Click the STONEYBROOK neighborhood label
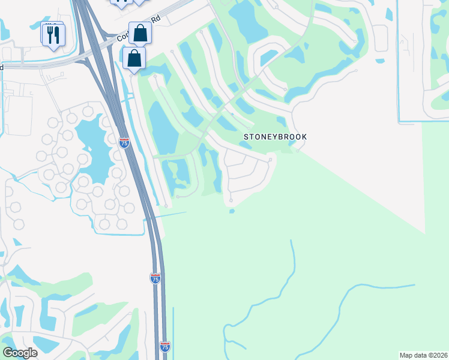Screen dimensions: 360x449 click(x=275, y=137)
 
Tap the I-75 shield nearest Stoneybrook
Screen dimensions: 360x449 click(x=124, y=143)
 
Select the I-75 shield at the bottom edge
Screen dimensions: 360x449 click(x=165, y=346)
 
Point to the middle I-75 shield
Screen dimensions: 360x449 click(x=155, y=278)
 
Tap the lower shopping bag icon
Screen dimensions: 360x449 click(x=133, y=58)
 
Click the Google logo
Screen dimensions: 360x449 click(x=20, y=352)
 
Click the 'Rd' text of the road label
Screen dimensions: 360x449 click(x=156, y=19)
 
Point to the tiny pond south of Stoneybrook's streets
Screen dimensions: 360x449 click(x=232, y=211)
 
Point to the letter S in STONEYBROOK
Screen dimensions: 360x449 click(x=246, y=137)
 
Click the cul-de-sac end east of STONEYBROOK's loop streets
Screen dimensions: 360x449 click(x=271, y=159)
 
